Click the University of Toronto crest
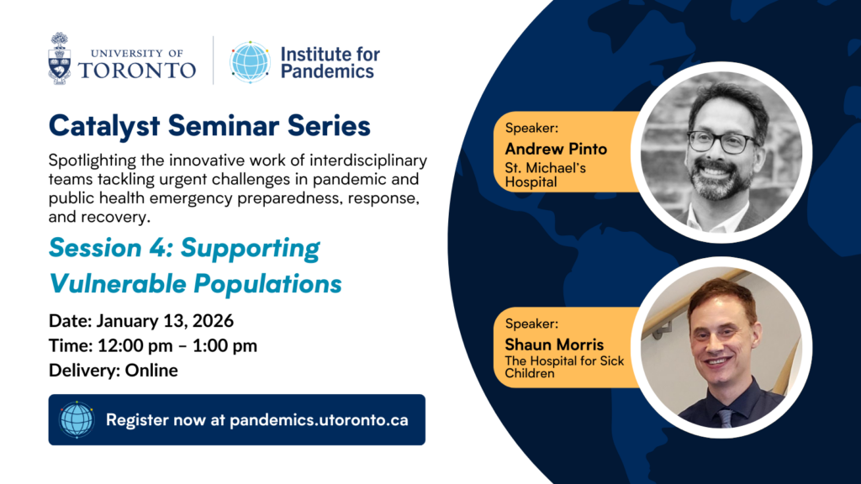pos(60,58)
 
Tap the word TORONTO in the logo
pos(137,71)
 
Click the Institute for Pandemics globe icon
pos(250,61)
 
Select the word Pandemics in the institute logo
pos(327,71)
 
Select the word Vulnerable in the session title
pos(118,284)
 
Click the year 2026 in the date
pos(214,320)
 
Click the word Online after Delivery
pos(151,371)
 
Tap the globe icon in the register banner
pos(77,420)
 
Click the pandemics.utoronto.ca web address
pos(319,420)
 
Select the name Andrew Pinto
pos(556,149)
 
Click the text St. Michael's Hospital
pos(545,175)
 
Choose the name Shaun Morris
pos(554,345)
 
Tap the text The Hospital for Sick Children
pos(564,367)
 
